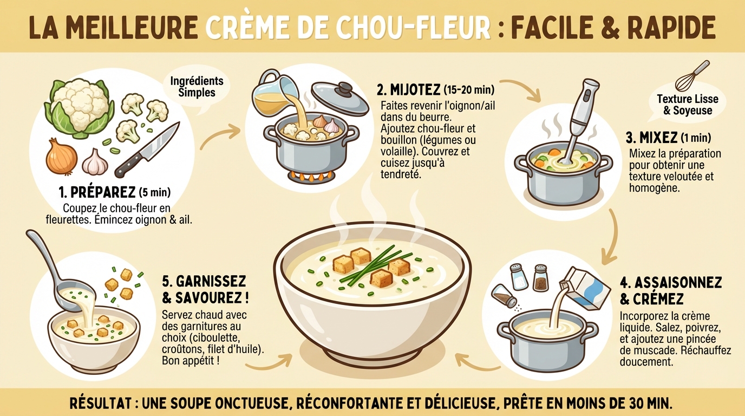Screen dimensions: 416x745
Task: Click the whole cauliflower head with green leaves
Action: (80, 107)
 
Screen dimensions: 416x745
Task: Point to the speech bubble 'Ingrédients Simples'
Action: (197, 87)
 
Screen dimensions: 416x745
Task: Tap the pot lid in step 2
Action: (339, 97)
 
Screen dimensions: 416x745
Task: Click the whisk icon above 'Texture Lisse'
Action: (692, 76)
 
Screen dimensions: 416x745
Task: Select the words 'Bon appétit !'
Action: (191, 360)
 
